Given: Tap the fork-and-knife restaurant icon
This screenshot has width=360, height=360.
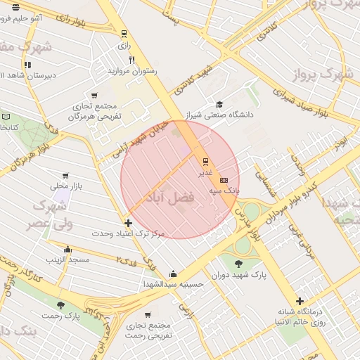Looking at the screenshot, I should [131, 60].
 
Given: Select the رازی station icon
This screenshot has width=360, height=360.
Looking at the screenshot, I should [124, 33].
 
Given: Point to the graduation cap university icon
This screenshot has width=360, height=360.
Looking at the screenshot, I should [219, 103].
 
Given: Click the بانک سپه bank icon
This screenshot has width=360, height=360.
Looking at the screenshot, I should [224, 180].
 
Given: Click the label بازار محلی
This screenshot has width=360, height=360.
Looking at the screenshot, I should [66, 186].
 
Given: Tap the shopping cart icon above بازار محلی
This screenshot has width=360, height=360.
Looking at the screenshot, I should [65, 176].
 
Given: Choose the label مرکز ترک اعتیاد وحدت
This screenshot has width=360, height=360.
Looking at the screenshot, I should [128, 233].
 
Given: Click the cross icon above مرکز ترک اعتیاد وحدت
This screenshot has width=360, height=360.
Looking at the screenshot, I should [128, 223].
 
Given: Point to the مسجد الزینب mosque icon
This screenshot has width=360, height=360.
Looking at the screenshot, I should [67, 249].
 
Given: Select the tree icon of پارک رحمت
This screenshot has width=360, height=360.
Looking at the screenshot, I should [60, 305].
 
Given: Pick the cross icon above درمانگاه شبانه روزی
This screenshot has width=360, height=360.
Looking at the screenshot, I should [300, 301].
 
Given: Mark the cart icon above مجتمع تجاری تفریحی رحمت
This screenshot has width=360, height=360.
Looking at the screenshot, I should [148, 314].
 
